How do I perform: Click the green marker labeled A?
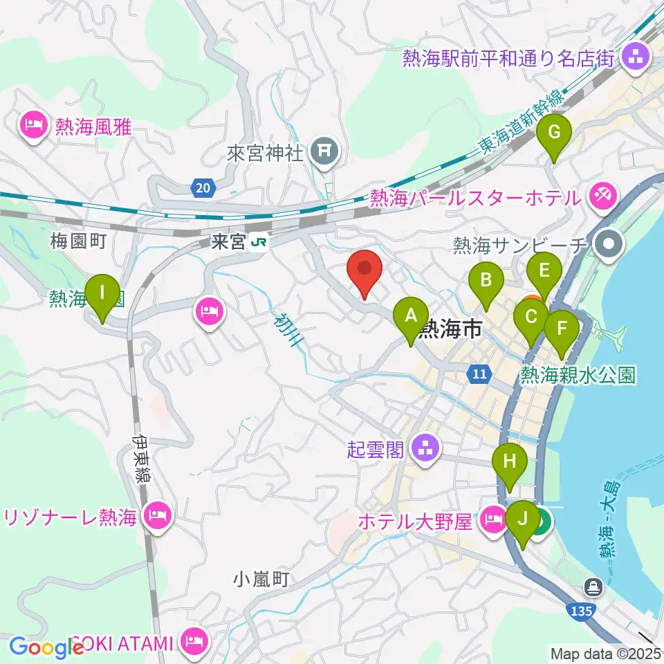pyautogui.click(x=410, y=317)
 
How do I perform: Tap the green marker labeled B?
pyautogui.click(x=486, y=281)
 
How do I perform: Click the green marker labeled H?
pyautogui.click(x=510, y=462)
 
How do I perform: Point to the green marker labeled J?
pyautogui.click(x=522, y=519)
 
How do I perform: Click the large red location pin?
pyautogui.click(x=366, y=270)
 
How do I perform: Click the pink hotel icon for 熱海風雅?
pyautogui.click(x=35, y=126)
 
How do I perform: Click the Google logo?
pyautogui.click(x=46, y=647)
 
